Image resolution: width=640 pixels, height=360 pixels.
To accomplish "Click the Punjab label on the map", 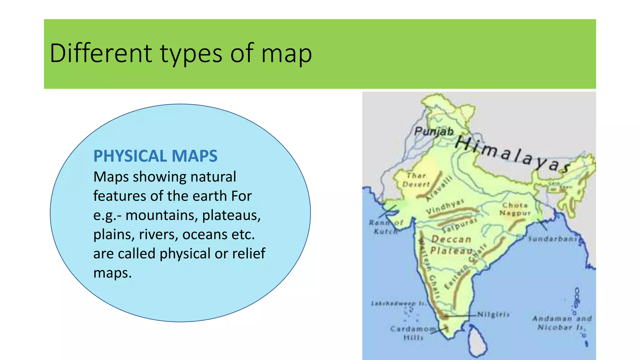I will [x=434, y=131].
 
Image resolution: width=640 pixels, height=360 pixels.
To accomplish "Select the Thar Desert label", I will [x=416, y=180].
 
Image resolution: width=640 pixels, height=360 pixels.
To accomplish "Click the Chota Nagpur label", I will [x=515, y=209].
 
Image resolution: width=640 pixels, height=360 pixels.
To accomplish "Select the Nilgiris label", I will [x=494, y=314].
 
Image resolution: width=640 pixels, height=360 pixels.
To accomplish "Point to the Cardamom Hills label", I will [x=412, y=333].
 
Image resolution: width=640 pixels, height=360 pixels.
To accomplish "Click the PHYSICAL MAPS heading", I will [x=155, y=156].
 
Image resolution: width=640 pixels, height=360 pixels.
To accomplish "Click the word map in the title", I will [x=286, y=54].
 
